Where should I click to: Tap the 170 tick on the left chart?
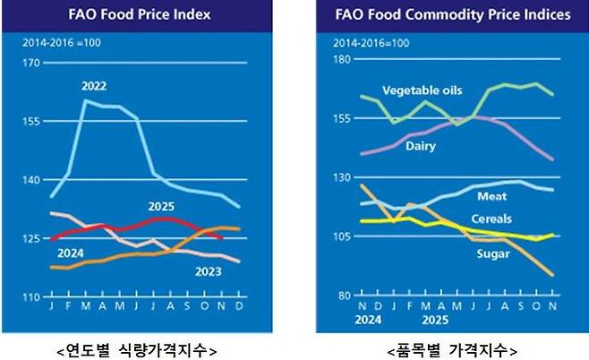tap(31, 63)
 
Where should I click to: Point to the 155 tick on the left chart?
tap(31, 121)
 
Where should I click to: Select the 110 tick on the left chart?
tap(31, 296)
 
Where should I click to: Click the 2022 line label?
tap(94, 87)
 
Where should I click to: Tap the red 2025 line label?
tap(162, 207)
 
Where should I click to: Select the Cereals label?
tap(496, 217)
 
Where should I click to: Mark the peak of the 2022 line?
tap(86, 101)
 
